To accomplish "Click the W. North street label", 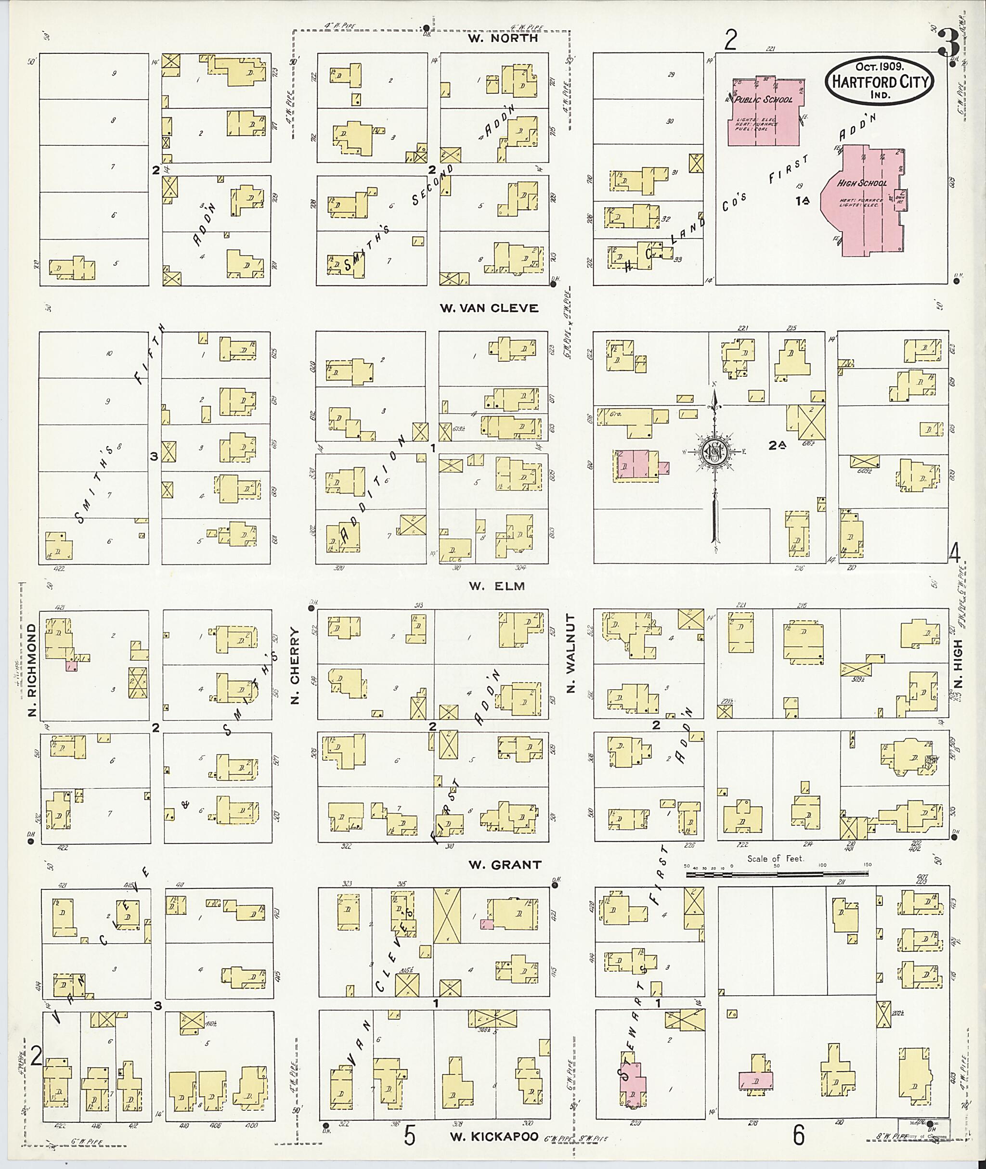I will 503,39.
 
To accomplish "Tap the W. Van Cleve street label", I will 489,308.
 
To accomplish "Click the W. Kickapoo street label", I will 494,1137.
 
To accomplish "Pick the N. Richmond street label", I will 31,670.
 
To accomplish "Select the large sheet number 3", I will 949,44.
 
